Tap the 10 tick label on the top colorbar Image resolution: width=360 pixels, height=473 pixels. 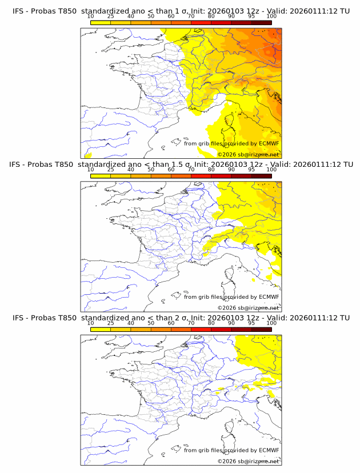click(90, 16)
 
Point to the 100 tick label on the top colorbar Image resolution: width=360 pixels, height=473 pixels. click(271, 16)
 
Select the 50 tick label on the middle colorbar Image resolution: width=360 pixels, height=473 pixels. click(151, 169)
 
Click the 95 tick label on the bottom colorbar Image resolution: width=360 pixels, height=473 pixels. click(251, 322)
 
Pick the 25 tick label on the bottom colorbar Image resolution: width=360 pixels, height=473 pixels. click(110, 322)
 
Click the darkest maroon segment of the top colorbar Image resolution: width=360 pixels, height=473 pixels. click(261, 22)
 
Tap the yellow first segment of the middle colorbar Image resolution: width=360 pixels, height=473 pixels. click(100, 176)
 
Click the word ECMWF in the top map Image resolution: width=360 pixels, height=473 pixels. click(269, 144)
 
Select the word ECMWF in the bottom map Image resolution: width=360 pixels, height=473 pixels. click(269, 450)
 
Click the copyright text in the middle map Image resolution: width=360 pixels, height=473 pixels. click(248, 307)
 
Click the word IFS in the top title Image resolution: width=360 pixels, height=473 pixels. click(18, 11)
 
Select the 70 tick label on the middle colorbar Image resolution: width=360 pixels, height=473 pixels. click(191, 169)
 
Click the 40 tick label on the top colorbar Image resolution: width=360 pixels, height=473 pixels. click(130, 16)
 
